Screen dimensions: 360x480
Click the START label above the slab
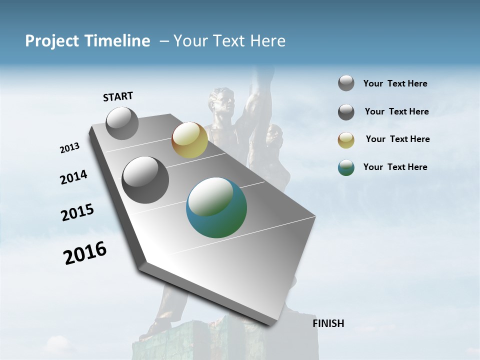click(x=118, y=96)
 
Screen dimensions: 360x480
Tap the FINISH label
click(x=328, y=323)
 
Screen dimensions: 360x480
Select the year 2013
click(x=70, y=148)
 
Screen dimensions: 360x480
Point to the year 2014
click(x=73, y=177)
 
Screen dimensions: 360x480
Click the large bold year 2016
click(x=85, y=253)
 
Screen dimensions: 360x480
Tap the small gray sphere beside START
click(x=122, y=123)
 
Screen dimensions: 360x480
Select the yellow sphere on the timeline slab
click(x=189, y=140)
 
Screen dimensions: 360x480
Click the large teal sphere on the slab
click(x=216, y=207)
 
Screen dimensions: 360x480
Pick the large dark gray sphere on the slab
click(x=145, y=180)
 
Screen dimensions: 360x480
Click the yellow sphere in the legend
click(x=346, y=140)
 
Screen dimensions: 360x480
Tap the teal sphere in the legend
click(x=346, y=167)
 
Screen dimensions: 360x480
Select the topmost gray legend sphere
click(x=346, y=83)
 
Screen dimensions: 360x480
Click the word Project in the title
click(x=51, y=41)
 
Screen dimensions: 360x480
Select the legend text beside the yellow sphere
click(x=397, y=139)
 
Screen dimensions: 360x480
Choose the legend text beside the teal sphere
click(x=395, y=167)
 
